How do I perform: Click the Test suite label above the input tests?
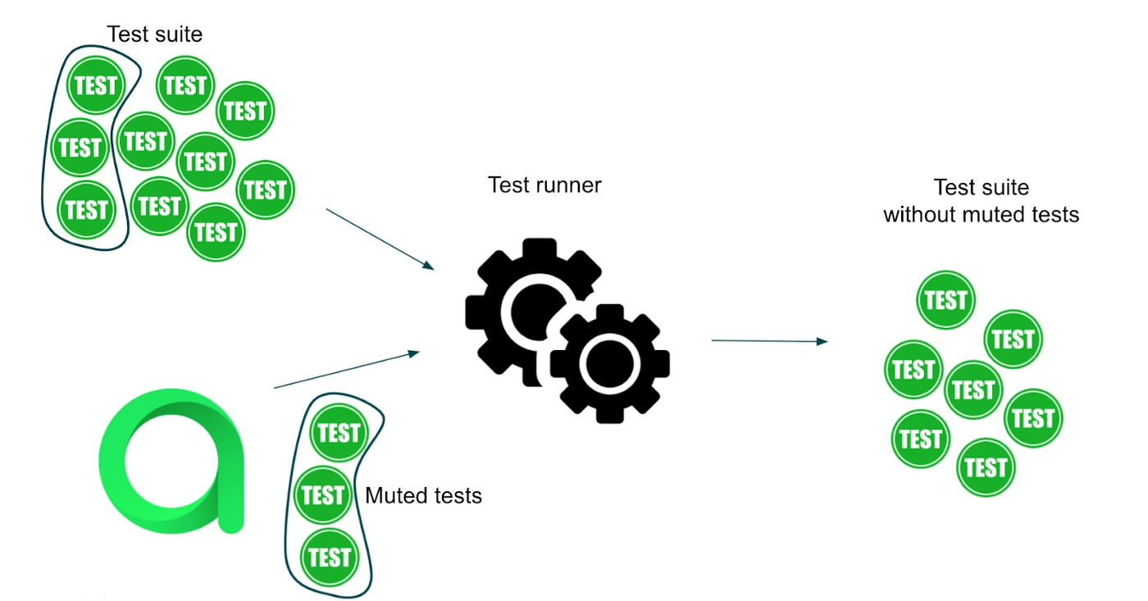(x=154, y=34)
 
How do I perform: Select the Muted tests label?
(x=423, y=496)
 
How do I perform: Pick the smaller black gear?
(x=610, y=363)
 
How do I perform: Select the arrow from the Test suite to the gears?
(x=379, y=239)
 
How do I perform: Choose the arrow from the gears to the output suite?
(x=769, y=341)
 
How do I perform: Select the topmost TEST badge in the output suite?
(x=945, y=301)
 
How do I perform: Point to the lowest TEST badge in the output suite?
(x=986, y=467)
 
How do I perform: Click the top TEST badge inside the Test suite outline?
(x=95, y=85)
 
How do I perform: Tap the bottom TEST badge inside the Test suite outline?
(x=87, y=210)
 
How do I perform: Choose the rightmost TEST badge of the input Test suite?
(x=265, y=190)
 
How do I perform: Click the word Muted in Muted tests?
(x=391, y=496)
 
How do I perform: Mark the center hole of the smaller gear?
(x=610, y=363)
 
